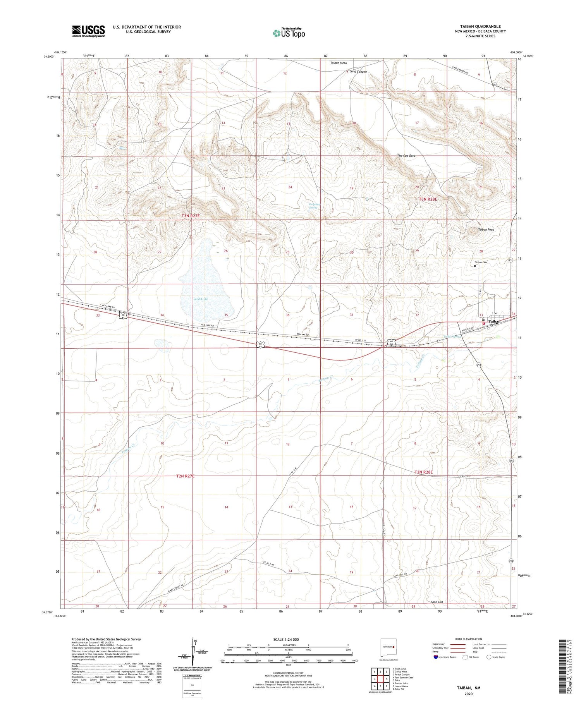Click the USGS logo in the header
coord(88,31)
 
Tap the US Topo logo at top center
coord(289,33)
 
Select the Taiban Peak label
coord(486,230)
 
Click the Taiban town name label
coord(495,321)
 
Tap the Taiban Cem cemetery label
coord(481,262)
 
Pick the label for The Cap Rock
coord(406,156)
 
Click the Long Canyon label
coord(358,72)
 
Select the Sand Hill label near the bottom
coord(437,602)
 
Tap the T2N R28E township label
coord(423,472)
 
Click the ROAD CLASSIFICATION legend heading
coord(469,639)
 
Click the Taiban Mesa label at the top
coord(339,63)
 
